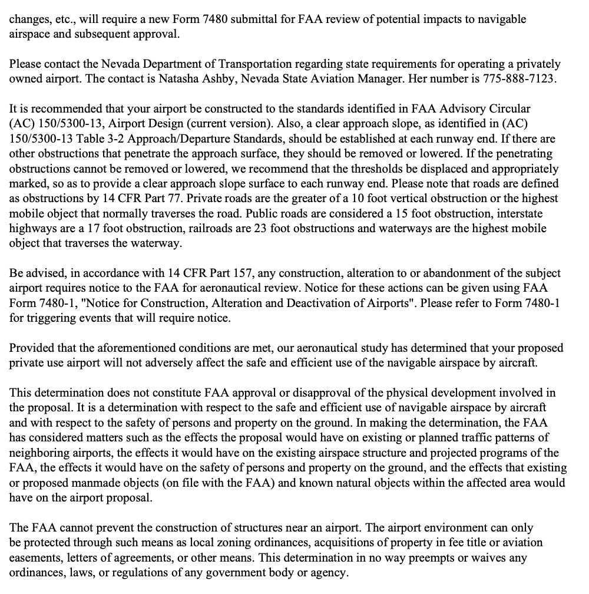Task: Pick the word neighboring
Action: (41, 452)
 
